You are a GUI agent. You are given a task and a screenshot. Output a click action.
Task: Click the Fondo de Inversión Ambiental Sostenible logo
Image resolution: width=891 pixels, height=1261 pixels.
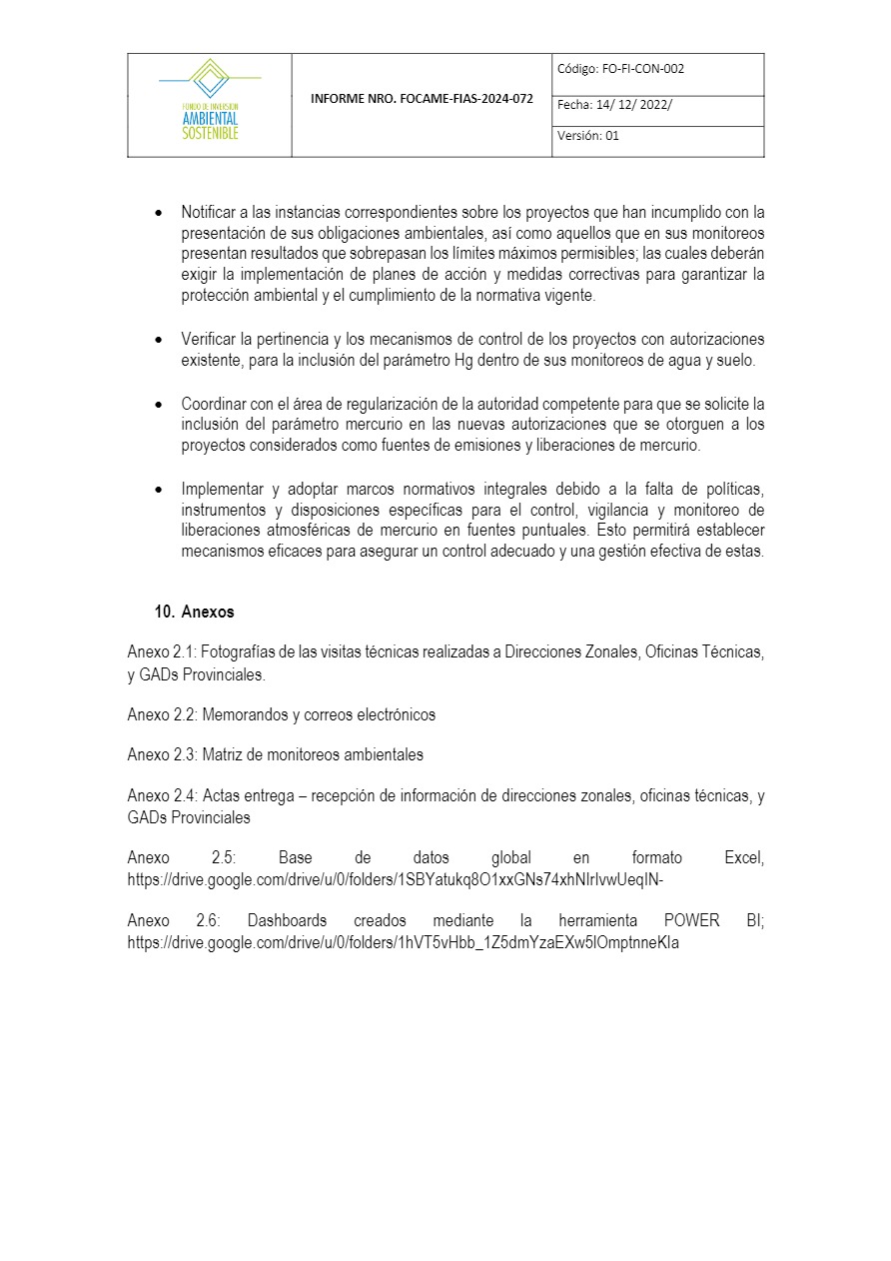210,100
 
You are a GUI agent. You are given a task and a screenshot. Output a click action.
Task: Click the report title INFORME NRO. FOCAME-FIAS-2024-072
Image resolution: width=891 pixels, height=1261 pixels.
422,100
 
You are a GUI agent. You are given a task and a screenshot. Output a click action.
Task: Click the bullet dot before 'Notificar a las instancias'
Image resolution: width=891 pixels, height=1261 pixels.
158,214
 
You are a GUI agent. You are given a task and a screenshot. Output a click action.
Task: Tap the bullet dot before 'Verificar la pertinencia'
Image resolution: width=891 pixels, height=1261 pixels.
158,341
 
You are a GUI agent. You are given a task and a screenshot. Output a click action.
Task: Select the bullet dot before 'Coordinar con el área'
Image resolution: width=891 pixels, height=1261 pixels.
158,405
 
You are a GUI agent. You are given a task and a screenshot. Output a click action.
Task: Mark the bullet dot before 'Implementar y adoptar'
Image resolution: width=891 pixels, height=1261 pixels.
158,490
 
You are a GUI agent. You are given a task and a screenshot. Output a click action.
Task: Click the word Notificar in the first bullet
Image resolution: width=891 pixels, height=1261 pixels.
210,213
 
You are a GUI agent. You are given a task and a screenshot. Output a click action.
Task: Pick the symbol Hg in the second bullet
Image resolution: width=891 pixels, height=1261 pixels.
463,361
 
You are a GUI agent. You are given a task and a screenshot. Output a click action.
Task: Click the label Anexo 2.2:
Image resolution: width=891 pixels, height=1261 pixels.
164,715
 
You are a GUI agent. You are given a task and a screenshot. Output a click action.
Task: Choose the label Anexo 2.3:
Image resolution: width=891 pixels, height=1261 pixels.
164,755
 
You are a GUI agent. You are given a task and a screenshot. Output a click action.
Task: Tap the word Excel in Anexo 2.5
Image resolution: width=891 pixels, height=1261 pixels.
743,858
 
